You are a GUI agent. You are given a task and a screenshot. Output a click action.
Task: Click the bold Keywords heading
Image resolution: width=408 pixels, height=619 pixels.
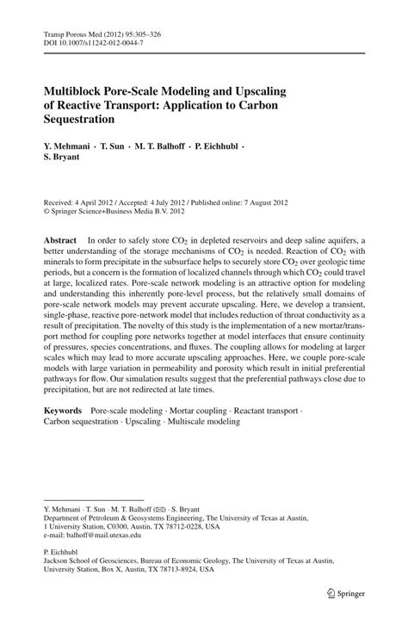(x=64, y=412)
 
